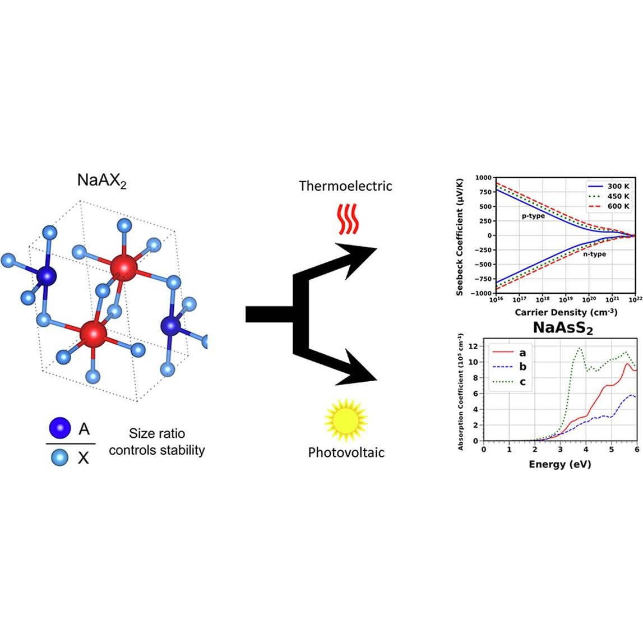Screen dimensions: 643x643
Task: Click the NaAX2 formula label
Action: tap(101, 181)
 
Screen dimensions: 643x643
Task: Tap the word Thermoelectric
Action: tap(345, 186)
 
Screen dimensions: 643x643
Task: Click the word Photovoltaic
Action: tap(346, 452)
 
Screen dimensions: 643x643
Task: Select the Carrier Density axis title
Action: tap(564, 312)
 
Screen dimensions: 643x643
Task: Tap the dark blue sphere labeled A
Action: tap(59, 429)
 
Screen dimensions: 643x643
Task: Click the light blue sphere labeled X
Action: tap(59, 458)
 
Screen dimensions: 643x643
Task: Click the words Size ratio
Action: tap(157, 433)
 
